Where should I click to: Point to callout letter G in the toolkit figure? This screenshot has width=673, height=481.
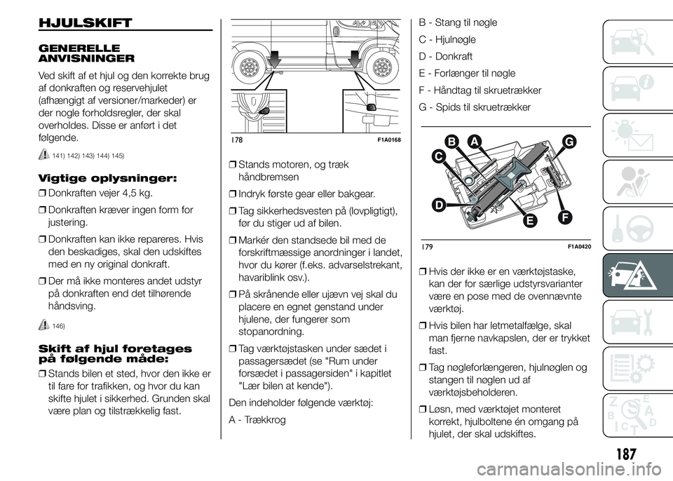coord(567,144)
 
